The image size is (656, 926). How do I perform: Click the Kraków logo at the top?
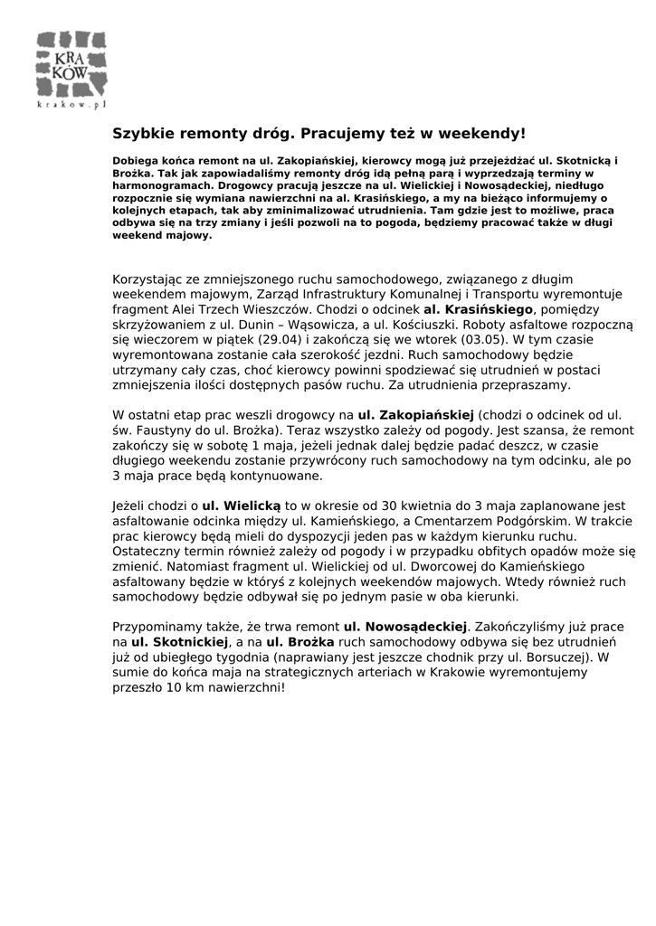[x=71, y=65]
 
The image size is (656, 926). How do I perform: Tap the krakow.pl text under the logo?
[x=71, y=106]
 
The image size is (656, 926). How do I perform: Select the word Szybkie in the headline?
[x=142, y=134]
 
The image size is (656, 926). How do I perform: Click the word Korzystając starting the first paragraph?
[x=147, y=279]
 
